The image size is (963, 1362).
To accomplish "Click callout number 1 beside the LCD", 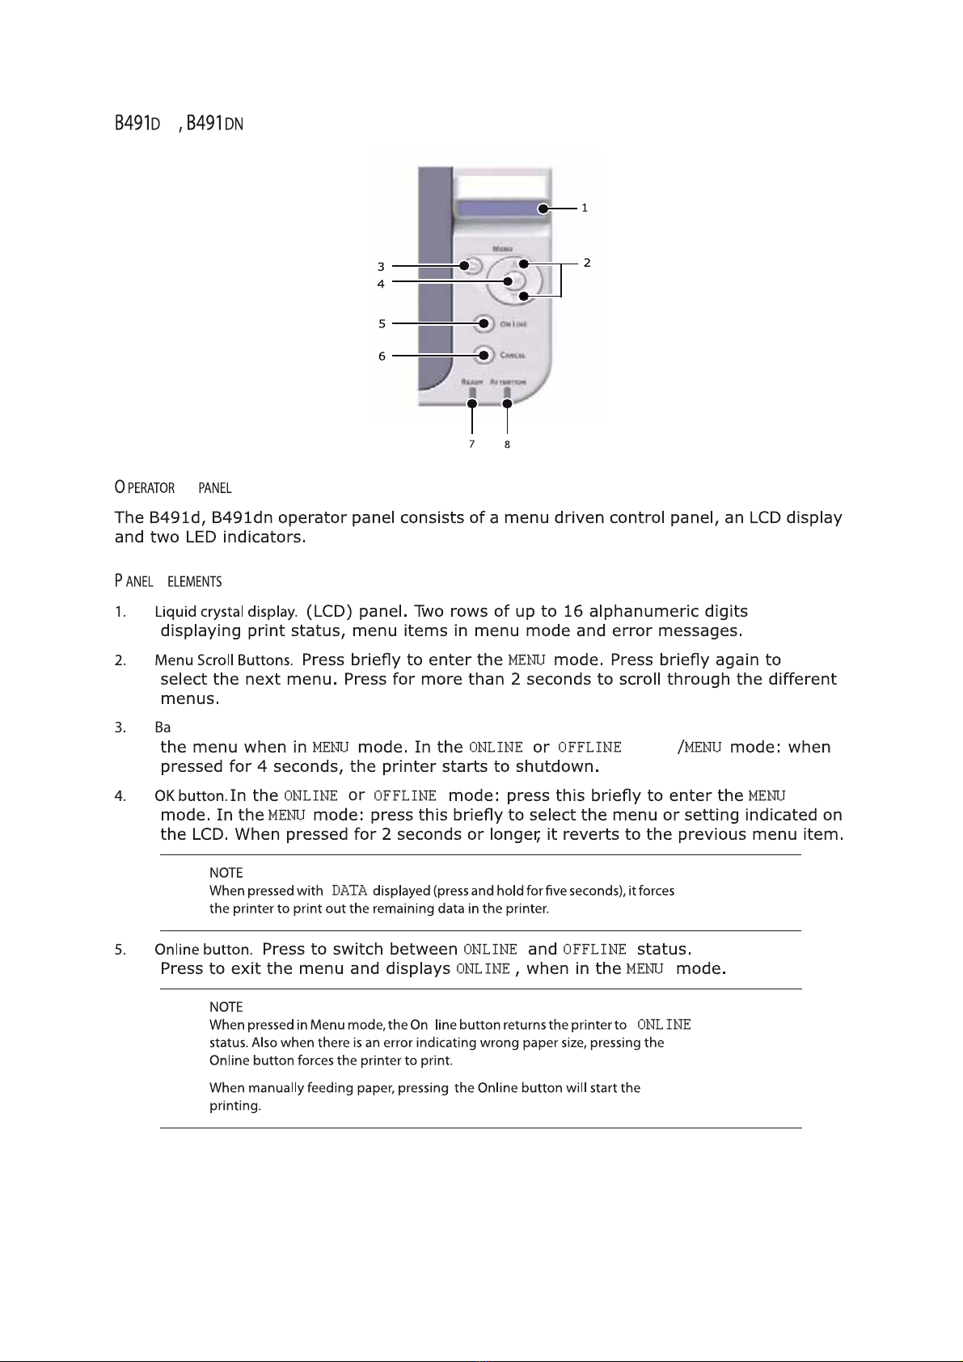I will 585,208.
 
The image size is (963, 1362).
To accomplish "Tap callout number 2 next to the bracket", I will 587,263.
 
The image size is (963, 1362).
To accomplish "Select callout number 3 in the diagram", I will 381,266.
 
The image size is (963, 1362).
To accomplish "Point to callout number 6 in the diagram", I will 382,356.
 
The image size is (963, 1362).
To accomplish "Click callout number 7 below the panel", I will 472,444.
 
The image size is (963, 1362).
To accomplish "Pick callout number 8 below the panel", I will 507,444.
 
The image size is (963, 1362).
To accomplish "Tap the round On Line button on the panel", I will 484,324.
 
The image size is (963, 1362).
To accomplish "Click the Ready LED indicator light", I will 472,394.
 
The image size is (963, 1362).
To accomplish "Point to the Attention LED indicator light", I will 507,394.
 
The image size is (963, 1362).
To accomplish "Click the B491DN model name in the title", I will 214,124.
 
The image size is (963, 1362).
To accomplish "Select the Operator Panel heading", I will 173,488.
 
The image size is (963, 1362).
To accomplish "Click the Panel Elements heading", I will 168,581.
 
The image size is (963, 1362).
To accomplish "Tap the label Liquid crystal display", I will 226,612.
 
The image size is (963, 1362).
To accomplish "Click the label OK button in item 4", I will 191,796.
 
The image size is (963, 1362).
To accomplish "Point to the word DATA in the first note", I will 349,891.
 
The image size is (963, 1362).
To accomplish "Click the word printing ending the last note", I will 234,1106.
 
